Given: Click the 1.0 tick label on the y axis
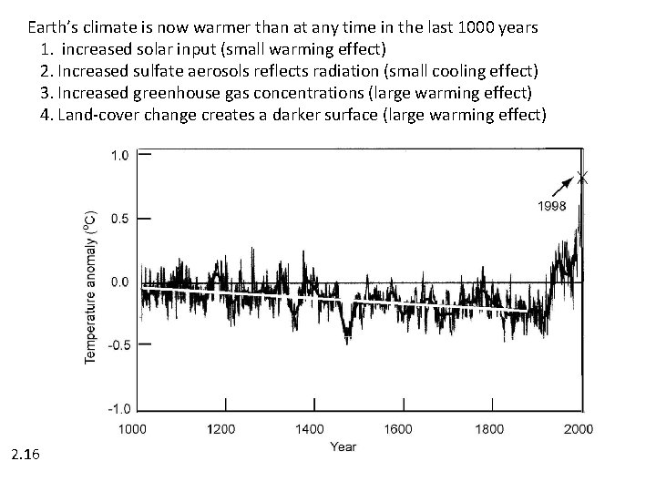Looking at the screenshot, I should click(x=119, y=156).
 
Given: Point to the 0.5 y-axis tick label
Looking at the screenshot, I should click(x=119, y=219).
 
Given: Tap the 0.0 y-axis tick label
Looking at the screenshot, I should click(x=119, y=282).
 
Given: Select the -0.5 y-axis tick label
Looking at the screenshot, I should click(x=118, y=344).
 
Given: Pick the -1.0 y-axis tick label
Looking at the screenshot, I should click(x=118, y=407).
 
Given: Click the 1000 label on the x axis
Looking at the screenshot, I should click(x=134, y=429).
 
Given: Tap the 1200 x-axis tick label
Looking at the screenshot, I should click(x=222, y=429).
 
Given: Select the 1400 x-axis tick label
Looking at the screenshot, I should click(x=312, y=429).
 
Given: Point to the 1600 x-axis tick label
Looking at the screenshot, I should click(x=400, y=429).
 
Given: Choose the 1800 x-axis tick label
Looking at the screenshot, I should click(x=489, y=429).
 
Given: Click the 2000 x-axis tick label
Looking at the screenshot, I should click(x=578, y=429).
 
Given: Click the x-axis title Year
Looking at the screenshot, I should click(x=343, y=446).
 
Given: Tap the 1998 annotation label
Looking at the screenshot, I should click(x=551, y=206).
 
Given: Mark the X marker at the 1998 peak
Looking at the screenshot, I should click(x=582, y=178).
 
